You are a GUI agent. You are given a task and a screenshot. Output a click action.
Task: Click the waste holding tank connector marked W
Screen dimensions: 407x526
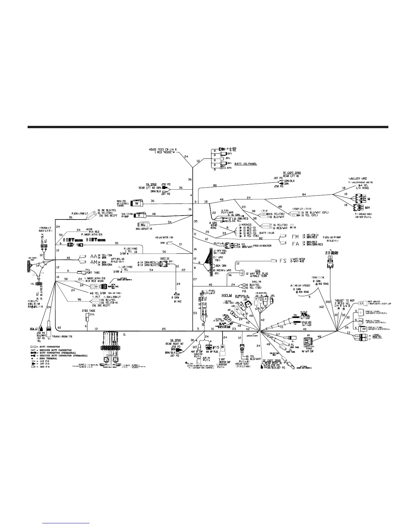(x=137, y=203)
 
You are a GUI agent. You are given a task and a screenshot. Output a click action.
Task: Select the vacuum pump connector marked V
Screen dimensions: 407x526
(x=140, y=215)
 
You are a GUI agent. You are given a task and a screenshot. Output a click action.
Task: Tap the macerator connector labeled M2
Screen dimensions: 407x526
(x=143, y=224)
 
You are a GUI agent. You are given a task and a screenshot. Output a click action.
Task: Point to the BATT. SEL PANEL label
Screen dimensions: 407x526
(x=245, y=164)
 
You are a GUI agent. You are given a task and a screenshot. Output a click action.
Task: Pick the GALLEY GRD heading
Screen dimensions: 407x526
(x=357, y=179)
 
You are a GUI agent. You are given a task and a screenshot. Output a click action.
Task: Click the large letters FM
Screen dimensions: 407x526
(x=295, y=237)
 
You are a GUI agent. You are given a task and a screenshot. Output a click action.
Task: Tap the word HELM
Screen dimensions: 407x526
(x=226, y=296)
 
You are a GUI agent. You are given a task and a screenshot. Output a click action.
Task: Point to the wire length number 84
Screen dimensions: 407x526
(x=304, y=194)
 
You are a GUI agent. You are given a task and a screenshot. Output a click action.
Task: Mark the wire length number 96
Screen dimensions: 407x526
(x=79, y=300)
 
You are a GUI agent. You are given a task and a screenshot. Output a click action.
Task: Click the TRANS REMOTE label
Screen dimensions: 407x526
(x=62, y=336)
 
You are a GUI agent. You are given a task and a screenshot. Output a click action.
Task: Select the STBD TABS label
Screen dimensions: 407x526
(x=88, y=311)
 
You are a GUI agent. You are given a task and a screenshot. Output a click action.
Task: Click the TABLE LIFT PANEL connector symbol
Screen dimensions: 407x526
(x=308, y=342)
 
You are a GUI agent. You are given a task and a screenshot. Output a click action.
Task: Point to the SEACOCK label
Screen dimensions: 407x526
(x=318, y=277)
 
